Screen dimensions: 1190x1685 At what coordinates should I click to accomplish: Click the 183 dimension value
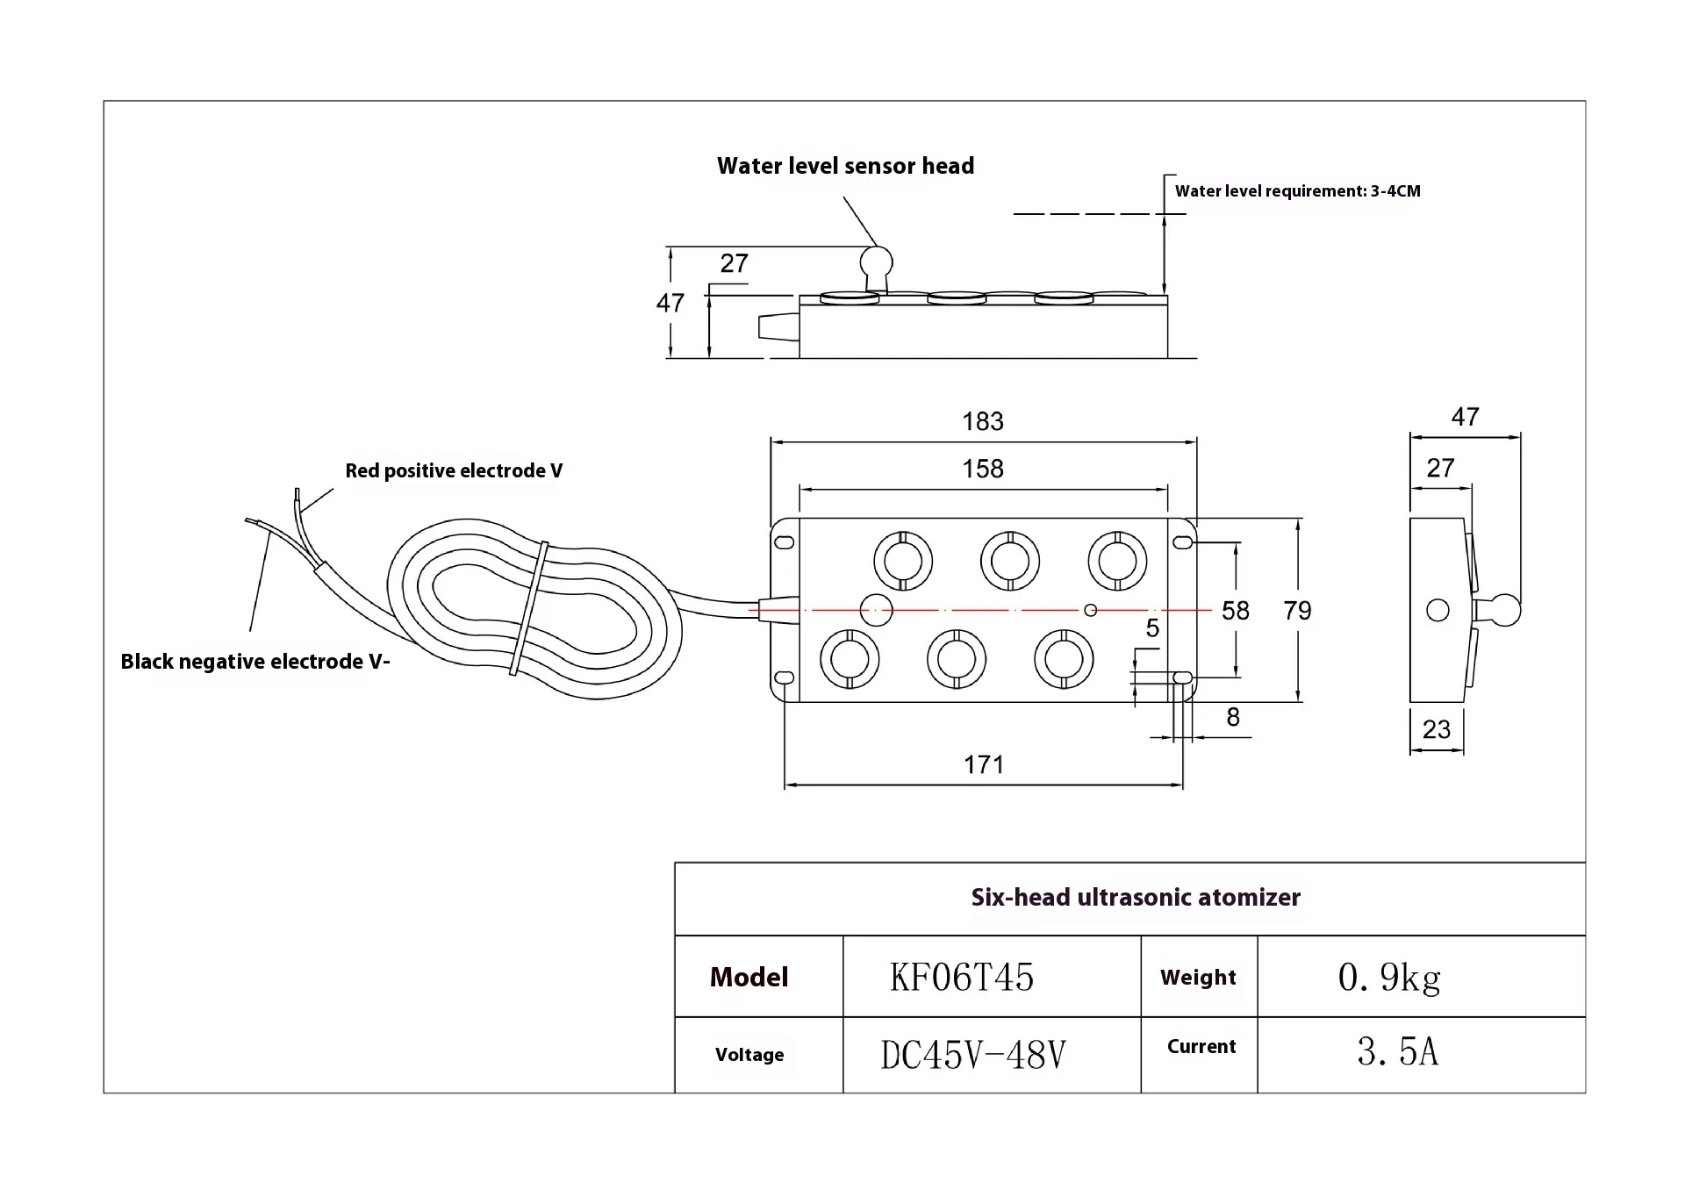pos(982,422)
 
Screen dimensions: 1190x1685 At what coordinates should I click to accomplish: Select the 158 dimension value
pos(982,470)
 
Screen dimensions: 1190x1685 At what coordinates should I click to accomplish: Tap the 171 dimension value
pos(983,765)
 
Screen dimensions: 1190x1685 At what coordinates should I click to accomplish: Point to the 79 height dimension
pos(1297,611)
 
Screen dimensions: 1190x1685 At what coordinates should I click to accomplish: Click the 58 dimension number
pos(1235,611)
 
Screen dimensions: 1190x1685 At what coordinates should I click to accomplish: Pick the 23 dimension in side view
pos(1436,729)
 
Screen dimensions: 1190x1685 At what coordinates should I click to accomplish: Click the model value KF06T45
pos(962,977)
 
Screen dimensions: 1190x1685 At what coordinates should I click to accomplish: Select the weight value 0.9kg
pos(1388,977)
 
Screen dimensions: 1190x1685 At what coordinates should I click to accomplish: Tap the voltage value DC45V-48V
pos(972,1055)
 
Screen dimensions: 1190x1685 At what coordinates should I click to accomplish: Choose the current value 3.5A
pos(1397,1052)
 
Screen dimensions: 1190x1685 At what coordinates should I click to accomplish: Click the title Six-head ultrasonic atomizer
pos(1135,898)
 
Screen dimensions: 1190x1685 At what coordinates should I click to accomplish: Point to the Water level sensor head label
pos(845,166)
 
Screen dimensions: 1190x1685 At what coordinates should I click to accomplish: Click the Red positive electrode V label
pos(453,471)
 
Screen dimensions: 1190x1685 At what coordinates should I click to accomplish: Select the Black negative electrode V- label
pos(255,662)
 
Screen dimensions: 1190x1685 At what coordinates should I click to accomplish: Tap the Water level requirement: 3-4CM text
pos(1297,191)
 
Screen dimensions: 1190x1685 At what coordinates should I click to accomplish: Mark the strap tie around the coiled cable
pos(529,608)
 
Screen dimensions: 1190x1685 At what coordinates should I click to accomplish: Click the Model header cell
pos(749,977)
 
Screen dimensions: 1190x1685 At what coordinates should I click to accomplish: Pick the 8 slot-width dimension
pos(1232,718)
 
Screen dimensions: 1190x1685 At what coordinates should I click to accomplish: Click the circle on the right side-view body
pos(1438,610)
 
